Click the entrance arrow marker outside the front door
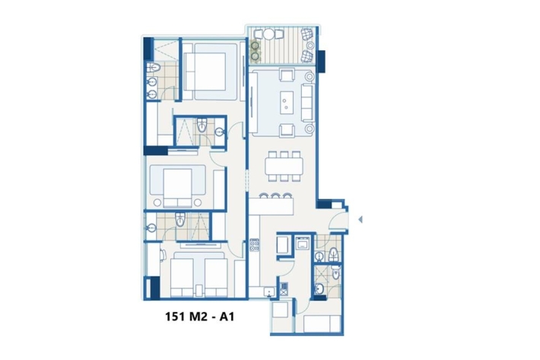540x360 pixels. tap(361, 219)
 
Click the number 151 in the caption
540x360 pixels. tap(176, 317)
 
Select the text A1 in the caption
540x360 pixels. tap(227, 317)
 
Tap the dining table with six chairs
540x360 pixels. tap(284, 166)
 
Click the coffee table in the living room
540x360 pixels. tap(287, 102)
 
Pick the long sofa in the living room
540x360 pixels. tap(308, 102)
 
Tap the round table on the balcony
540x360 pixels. tap(269, 34)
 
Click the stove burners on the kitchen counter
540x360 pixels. tap(254, 244)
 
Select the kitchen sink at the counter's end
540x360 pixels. tap(269, 292)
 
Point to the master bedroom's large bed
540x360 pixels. tap(210, 72)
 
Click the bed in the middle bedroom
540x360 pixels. tap(177, 186)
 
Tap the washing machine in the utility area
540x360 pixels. tap(303, 243)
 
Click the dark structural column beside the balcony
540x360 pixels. tap(321, 62)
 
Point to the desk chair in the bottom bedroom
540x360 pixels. tap(163, 255)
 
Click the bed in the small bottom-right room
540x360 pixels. tap(322, 323)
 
